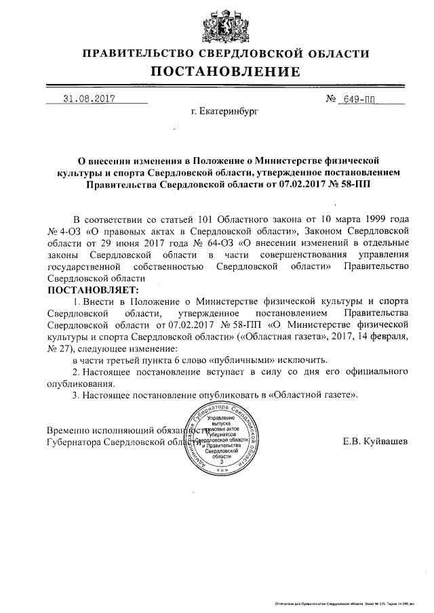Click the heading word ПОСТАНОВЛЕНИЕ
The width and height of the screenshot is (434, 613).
click(x=224, y=72)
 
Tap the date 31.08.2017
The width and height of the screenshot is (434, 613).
click(x=90, y=98)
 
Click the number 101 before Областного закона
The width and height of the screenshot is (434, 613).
click(x=208, y=219)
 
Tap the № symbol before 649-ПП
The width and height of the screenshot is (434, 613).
click(x=332, y=99)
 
